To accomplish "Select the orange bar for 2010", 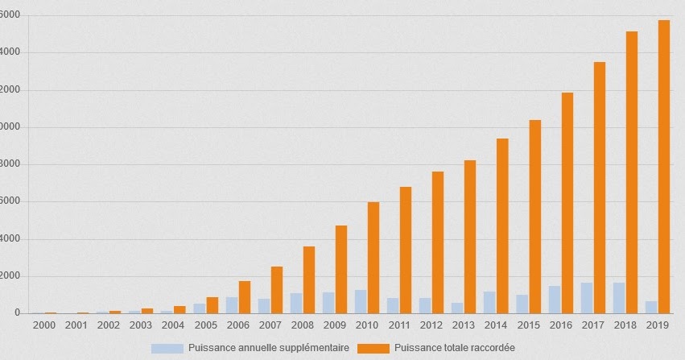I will [x=373, y=258].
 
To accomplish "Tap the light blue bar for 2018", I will [x=619, y=298].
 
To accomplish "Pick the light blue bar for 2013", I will [x=457, y=308].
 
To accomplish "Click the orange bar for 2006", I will [x=245, y=297].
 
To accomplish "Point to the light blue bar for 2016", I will [x=555, y=300].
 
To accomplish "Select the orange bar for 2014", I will [x=502, y=226].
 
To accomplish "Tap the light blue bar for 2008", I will [x=296, y=303].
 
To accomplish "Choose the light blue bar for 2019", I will [x=651, y=308].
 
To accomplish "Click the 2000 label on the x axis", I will [x=44, y=325].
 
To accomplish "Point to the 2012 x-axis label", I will [x=431, y=325].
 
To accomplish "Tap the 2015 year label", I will [x=528, y=325].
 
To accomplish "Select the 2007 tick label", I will [x=270, y=325].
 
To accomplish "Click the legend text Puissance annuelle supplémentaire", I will [x=268, y=348].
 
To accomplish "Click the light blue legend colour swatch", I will [x=167, y=348].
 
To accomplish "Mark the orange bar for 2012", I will [x=438, y=242].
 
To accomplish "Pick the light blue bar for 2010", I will [x=361, y=302].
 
